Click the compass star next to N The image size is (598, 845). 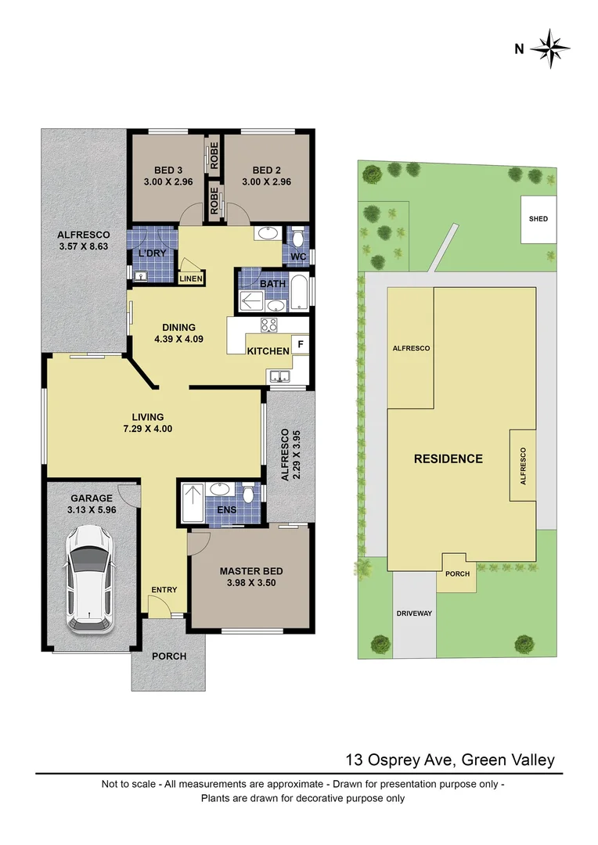550,49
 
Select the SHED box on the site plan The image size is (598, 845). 538,218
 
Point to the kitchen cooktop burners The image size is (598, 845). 269,326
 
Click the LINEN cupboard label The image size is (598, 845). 191,278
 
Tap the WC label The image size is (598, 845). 297,257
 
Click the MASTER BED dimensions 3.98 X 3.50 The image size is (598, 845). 250,583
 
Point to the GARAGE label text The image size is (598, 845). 92,498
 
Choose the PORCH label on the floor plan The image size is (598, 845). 169,656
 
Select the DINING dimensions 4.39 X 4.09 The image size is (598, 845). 178,340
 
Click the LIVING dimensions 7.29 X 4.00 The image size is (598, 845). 148,429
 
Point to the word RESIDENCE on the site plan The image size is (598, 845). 448,458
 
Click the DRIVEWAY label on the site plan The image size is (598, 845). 414,613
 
